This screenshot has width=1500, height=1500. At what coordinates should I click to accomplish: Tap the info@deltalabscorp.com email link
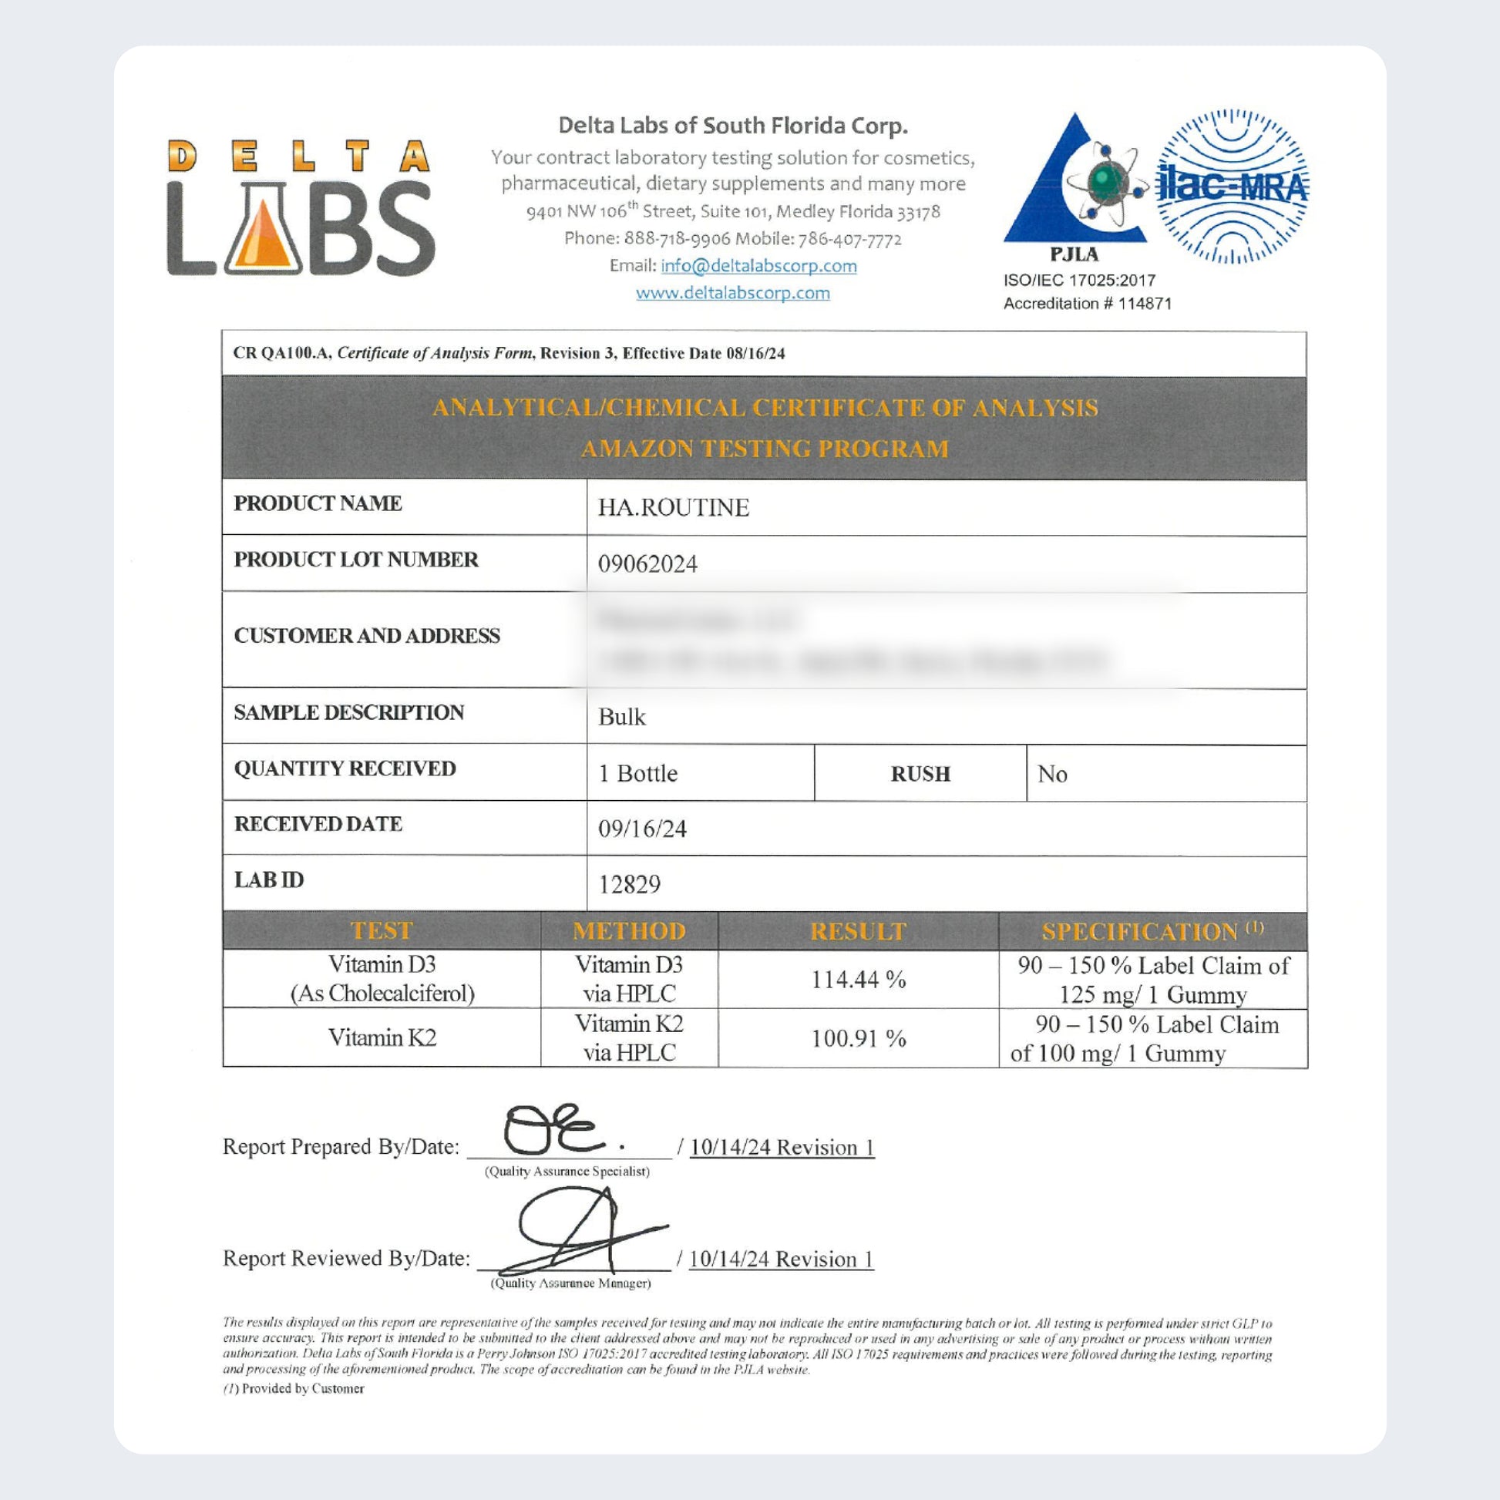point(758,266)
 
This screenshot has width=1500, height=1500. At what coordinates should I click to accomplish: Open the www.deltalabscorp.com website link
point(732,294)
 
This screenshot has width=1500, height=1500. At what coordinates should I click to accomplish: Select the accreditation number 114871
point(1145,304)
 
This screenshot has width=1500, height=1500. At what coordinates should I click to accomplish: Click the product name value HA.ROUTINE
point(673,508)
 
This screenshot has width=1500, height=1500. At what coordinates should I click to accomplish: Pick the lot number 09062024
point(647,563)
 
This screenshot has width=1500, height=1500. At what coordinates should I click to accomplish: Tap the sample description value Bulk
point(621,717)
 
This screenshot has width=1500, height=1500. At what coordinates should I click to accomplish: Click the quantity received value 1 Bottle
point(637,773)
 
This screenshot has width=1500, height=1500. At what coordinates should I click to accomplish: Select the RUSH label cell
point(920,774)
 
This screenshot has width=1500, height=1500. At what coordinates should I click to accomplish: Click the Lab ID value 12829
point(629,884)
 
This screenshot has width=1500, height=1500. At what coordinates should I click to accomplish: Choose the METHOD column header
point(629,931)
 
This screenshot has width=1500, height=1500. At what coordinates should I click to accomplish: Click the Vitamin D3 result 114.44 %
point(858,980)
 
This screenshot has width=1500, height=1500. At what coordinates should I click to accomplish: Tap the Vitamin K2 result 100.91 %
point(858,1039)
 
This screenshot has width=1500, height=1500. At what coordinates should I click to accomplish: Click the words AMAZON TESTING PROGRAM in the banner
point(764,449)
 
